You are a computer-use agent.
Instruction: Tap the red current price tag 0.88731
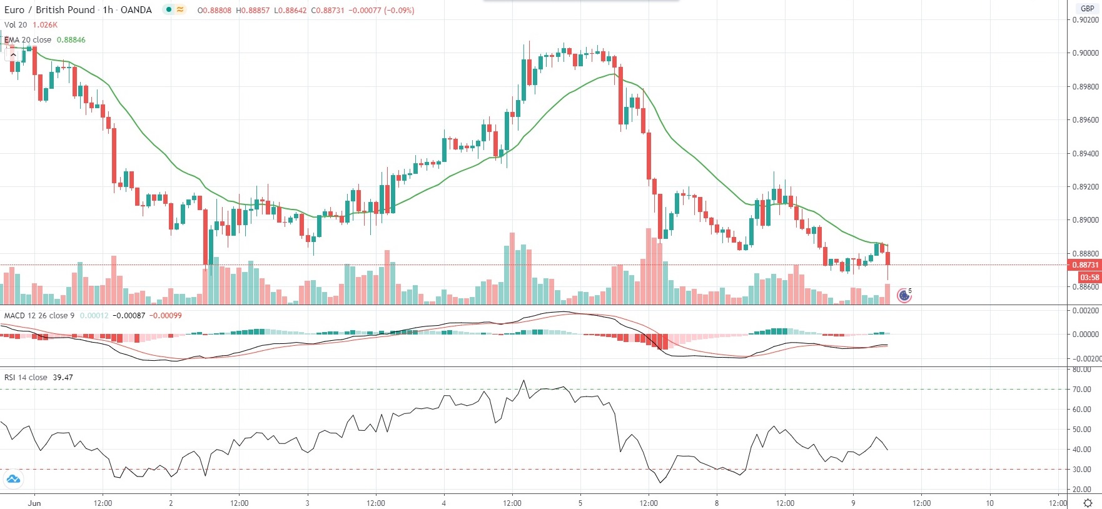click(x=1086, y=265)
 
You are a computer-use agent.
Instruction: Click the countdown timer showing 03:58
click(x=1089, y=277)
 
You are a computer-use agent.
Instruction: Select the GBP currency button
click(x=1088, y=9)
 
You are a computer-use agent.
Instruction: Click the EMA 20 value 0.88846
click(x=71, y=39)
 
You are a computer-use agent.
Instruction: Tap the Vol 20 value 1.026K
click(x=45, y=25)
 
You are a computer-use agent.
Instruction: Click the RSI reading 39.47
click(x=63, y=378)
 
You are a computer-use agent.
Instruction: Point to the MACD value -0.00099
click(x=167, y=316)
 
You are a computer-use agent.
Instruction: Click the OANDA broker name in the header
click(x=136, y=10)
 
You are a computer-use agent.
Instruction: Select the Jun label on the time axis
click(x=34, y=503)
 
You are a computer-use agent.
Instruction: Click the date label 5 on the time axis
click(x=580, y=503)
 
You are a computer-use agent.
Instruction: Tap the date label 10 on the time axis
click(x=989, y=503)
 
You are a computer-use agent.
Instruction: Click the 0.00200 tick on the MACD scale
click(x=1085, y=311)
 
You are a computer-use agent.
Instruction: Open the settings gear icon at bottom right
click(x=1088, y=503)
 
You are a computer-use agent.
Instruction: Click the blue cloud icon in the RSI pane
click(x=13, y=480)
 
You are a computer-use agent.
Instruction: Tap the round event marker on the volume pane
click(x=904, y=295)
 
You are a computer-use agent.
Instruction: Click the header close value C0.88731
click(x=328, y=11)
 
